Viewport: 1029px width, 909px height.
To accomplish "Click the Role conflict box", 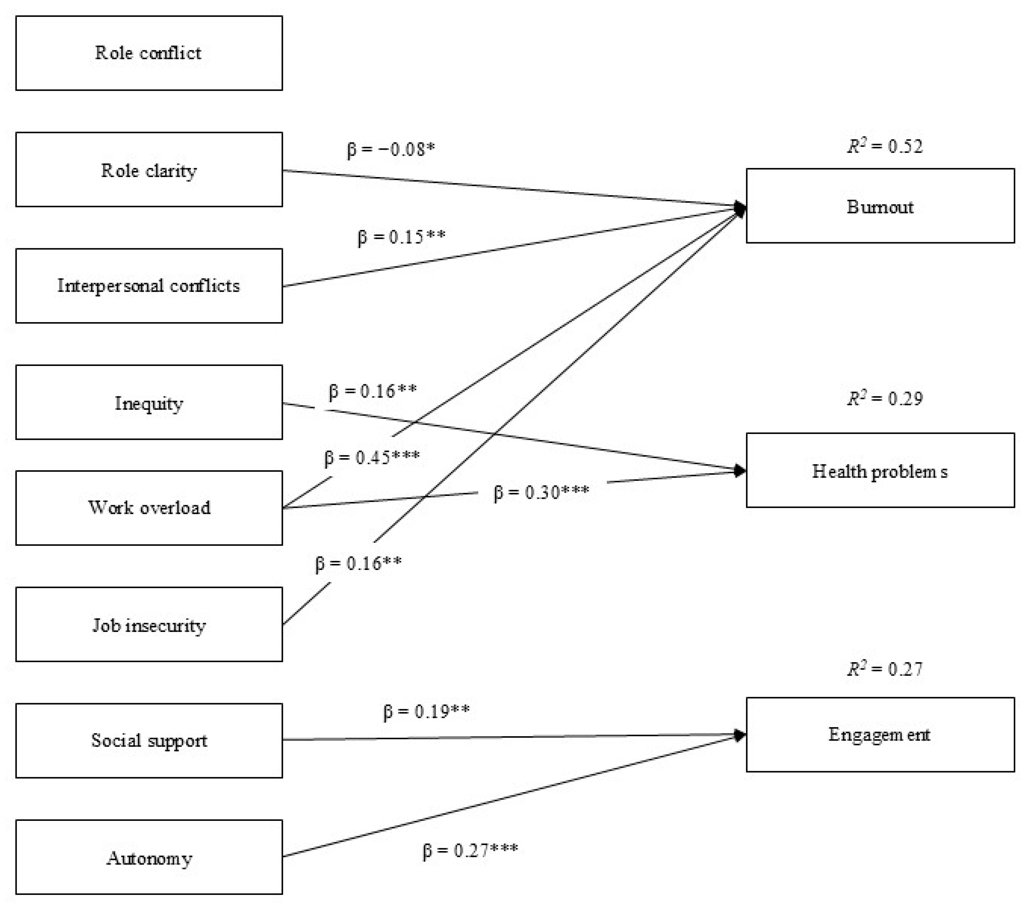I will tap(149, 53).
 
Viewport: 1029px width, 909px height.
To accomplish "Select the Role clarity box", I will tap(149, 169).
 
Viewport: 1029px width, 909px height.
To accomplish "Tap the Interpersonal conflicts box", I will tap(149, 286).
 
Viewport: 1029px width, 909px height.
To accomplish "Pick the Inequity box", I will tap(149, 402).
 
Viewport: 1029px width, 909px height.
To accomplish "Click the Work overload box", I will tap(149, 508).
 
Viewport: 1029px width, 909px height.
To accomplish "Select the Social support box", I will tap(149, 740).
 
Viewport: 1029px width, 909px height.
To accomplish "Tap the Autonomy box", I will tap(149, 857).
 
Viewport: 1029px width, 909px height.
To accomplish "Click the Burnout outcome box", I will tap(880, 206).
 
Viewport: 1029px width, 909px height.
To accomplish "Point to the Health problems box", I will tap(880, 470).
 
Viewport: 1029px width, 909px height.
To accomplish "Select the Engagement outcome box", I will tap(880, 734).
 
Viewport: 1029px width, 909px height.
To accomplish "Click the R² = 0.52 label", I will tap(885, 146).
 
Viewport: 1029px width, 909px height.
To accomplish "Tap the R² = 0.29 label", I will tap(885, 399).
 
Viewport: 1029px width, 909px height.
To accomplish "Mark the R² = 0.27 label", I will tap(885, 669).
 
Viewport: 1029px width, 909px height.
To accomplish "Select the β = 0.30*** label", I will tap(541, 492).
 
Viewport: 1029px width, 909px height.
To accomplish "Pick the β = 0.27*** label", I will tap(470, 851).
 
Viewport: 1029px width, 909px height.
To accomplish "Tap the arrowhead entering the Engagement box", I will tap(740, 735).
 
